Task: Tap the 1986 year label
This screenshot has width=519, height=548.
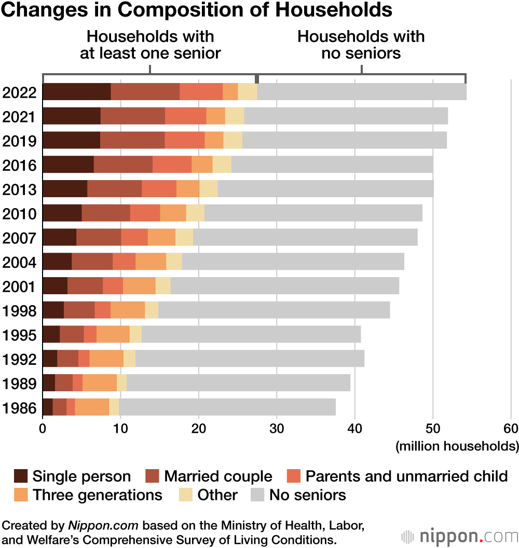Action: pos(19,408)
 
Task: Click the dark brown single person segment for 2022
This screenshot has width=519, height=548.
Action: pos(76,92)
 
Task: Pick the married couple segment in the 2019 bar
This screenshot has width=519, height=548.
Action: pos(132,140)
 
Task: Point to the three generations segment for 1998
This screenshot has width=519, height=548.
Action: pos(128,310)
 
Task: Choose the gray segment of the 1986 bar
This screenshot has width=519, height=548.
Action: pos(227,407)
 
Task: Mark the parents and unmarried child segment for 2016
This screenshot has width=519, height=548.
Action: pos(172,165)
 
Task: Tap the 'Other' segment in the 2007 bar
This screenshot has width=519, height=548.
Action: pos(184,237)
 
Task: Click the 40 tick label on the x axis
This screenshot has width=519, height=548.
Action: pos(355,429)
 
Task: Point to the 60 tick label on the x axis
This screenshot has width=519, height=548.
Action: pos(511,429)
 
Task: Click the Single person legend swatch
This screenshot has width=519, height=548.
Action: pos(21,476)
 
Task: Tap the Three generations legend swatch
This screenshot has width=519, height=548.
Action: pos(21,495)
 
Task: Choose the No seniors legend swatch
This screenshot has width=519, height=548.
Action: pos(257,495)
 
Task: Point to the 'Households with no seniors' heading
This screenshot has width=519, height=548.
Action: pos(361,45)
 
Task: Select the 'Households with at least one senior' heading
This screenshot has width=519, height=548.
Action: pos(151,45)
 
